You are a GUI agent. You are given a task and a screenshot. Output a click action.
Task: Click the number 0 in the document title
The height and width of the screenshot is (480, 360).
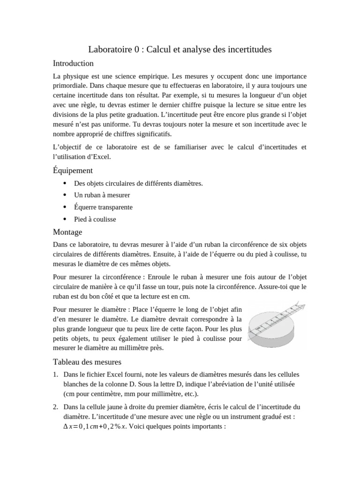(x=136, y=49)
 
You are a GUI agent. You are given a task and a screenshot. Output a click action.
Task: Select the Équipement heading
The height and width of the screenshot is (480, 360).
(x=73, y=170)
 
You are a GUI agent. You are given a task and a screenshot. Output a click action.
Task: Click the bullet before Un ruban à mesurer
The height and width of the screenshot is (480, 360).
(x=64, y=195)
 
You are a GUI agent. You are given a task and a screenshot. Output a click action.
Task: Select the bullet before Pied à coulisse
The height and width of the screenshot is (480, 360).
(x=64, y=219)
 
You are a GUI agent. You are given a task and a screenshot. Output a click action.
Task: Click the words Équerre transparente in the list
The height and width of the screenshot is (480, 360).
(x=103, y=207)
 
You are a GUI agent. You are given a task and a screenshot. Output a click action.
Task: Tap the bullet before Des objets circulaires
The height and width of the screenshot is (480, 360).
(x=64, y=183)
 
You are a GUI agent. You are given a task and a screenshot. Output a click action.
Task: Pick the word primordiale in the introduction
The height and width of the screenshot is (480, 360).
(x=70, y=86)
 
